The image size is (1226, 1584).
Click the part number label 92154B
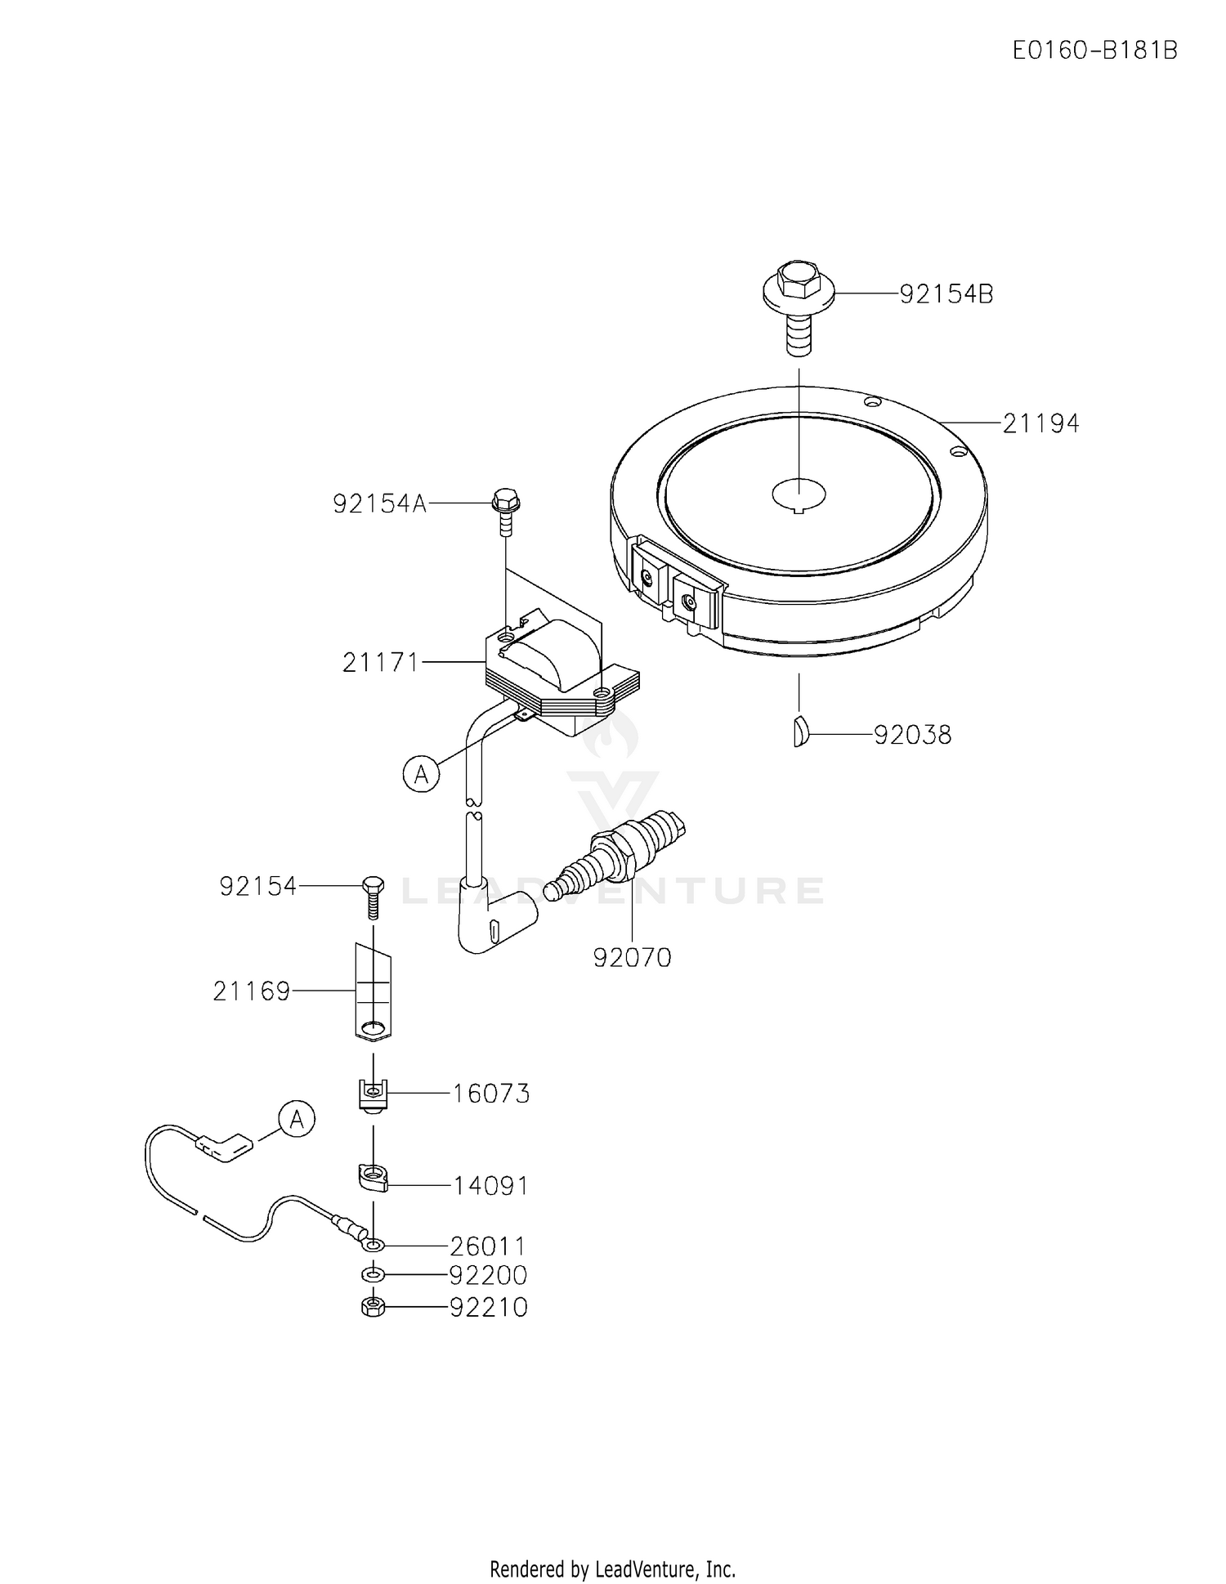[x=946, y=294]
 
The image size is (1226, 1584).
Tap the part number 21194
[x=1040, y=423]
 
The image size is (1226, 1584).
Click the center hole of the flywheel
[x=799, y=493]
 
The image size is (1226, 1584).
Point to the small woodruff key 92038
[x=800, y=730]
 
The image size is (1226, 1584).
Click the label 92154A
[x=379, y=503]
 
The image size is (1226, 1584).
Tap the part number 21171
[x=380, y=662]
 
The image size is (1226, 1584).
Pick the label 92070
[x=632, y=957]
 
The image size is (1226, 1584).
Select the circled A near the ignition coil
[x=421, y=774]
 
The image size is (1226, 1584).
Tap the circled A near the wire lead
[x=297, y=1118]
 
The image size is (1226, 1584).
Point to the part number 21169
[x=251, y=991]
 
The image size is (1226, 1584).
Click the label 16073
[x=491, y=1094]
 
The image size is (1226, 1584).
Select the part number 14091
[x=490, y=1185]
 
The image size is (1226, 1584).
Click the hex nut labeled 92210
[x=373, y=1307]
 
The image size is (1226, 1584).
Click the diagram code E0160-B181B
[x=1094, y=51]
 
